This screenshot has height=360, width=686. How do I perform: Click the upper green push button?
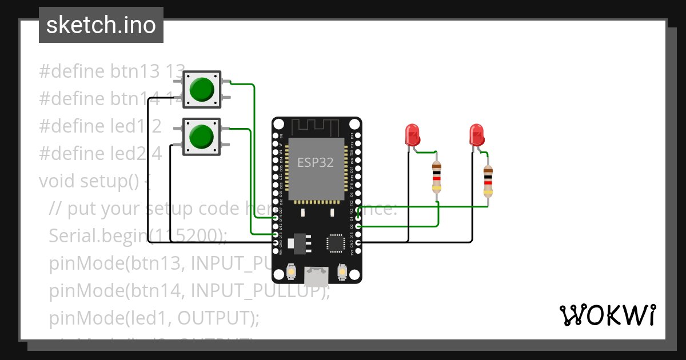201,89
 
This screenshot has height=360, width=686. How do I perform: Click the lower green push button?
201,137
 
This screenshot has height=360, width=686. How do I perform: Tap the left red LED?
412,135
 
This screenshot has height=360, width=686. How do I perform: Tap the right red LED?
476,135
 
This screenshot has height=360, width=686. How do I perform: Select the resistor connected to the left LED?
437,177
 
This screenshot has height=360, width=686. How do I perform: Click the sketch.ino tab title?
101,25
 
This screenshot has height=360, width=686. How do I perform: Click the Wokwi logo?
607,314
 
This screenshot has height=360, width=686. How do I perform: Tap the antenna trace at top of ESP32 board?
316,126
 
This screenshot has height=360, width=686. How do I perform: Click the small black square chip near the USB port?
335,243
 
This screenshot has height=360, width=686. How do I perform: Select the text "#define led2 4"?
100,154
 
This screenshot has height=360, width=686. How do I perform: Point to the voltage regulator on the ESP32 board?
298,243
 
